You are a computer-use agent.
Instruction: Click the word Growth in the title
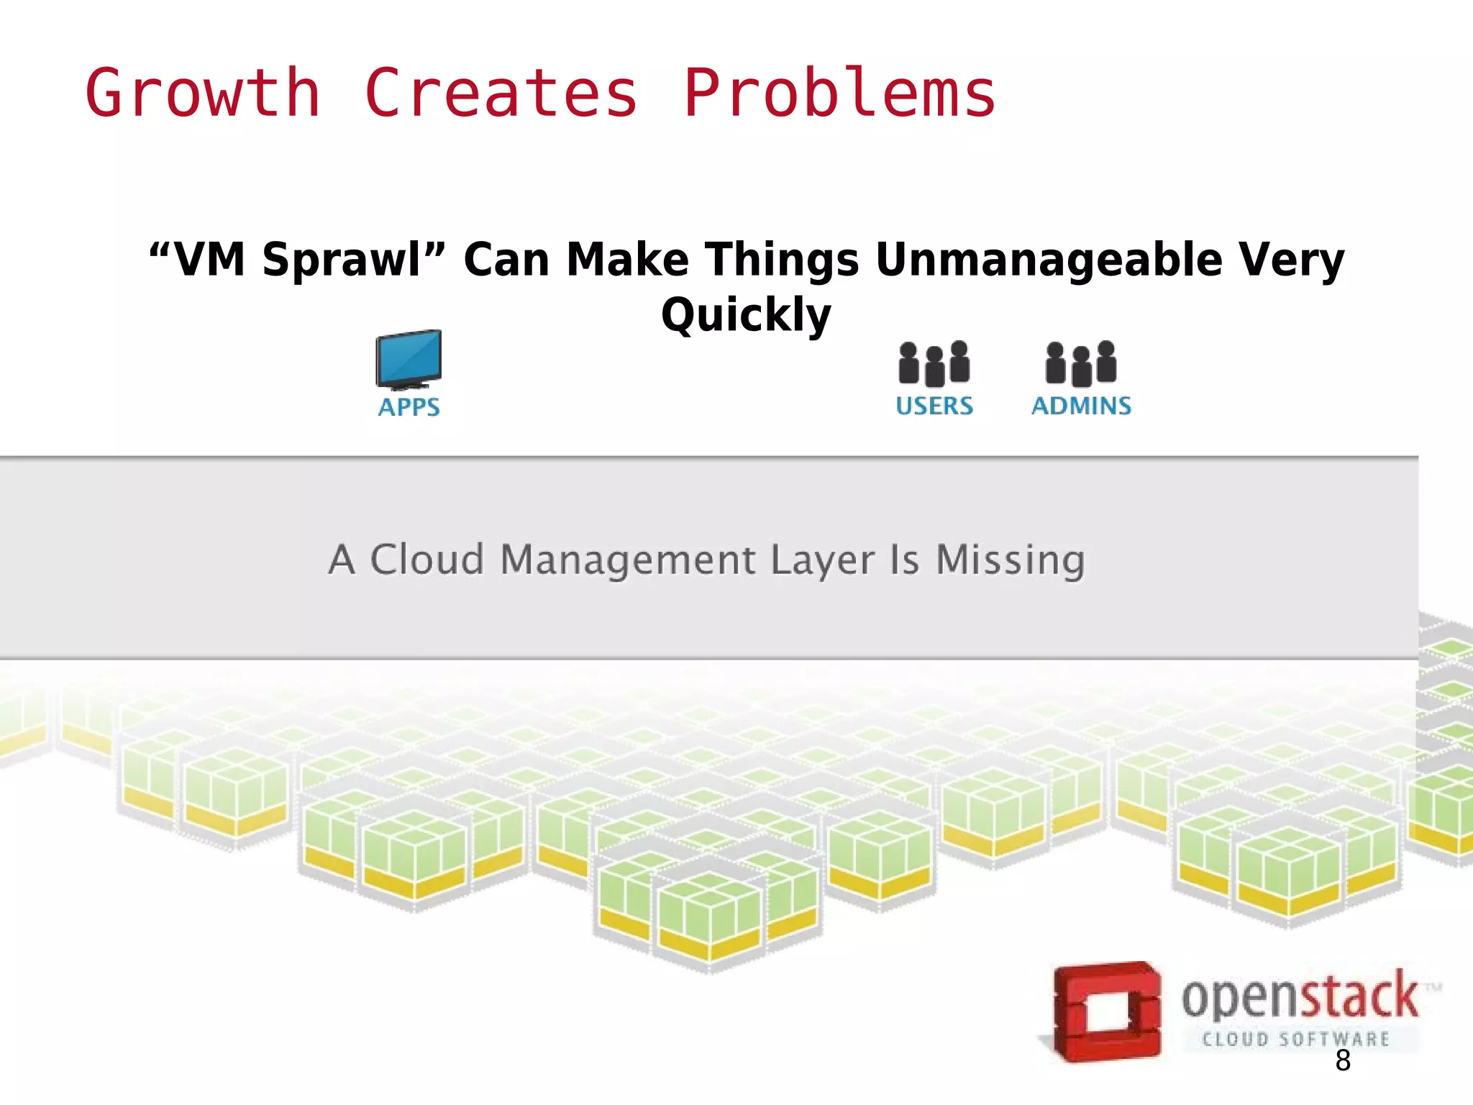tap(203, 94)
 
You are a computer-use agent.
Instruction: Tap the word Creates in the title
tap(501, 94)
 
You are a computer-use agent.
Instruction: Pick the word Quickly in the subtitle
tap(746, 315)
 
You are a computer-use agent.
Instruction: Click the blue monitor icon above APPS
tap(409, 358)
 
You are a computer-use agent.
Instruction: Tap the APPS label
tap(409, 407)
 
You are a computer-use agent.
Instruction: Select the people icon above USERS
tap(934, 363)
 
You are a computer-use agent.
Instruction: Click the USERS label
tap(934, 406)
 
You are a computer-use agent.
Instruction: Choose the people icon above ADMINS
tap(1081, 363)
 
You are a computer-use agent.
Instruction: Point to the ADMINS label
tap(1081, 406)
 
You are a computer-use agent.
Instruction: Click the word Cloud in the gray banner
tap(427, 560)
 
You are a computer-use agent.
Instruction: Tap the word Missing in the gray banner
tap(1010, 560)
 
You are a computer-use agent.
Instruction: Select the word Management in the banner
tap(627, 561)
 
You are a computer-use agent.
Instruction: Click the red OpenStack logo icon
tap(1106, 1011)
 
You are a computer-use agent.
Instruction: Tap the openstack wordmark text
tap(1300, 997)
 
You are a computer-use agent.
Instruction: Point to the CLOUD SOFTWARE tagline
tap(1295, 1039)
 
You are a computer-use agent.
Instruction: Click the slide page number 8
tap(1342, 1061)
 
